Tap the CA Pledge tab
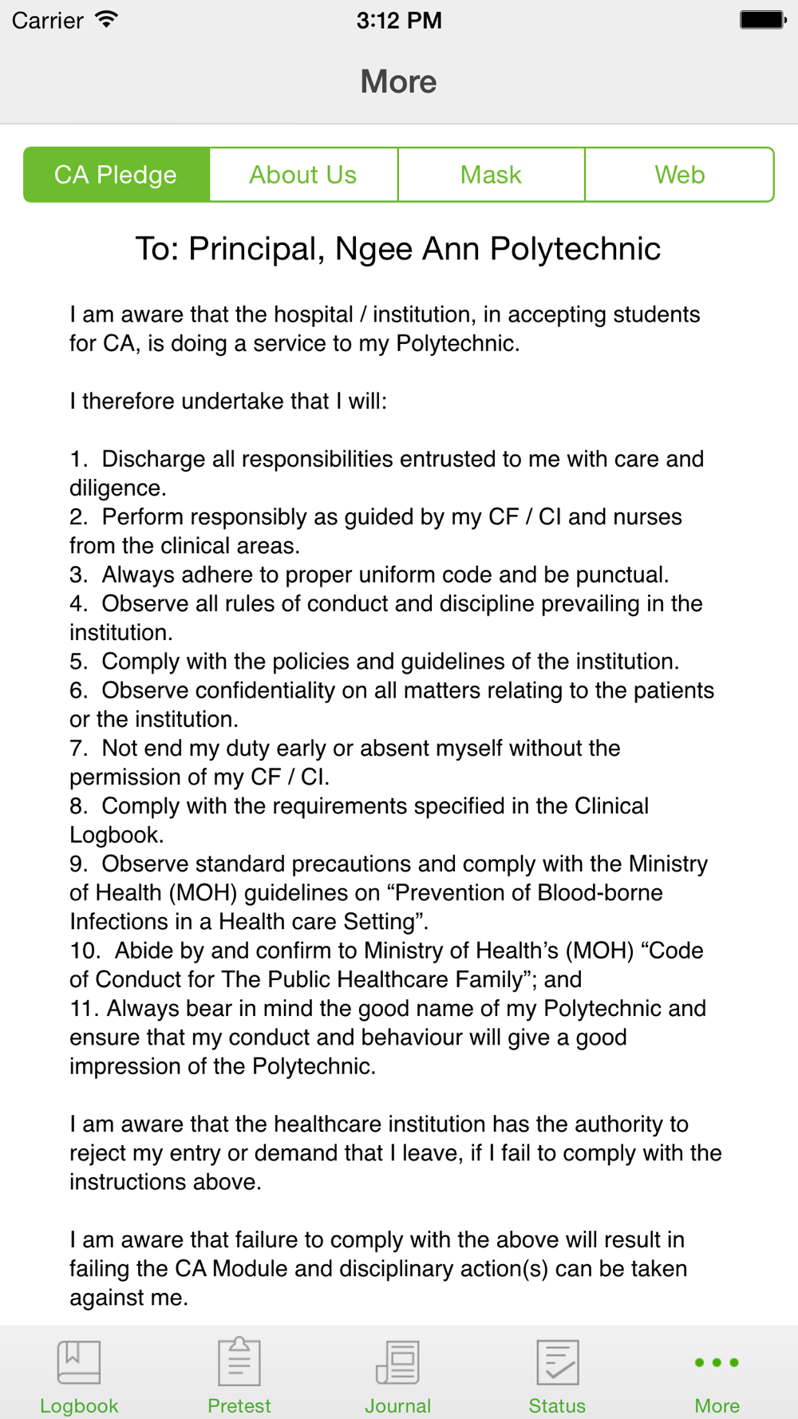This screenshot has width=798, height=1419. click(x=117, y=175)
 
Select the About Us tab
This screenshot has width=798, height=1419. click(x=303, y=175)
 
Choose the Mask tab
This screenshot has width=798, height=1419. click(x=491, y=175)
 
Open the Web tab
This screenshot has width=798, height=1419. click(x=679, y=175)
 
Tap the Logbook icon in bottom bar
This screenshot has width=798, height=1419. click(x=79, y=1362)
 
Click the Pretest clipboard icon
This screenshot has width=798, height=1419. click(x=239, y=1362)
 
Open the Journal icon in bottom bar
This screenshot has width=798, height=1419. click(x=397, y=1362)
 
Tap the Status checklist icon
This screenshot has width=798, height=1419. click(x=557, y=1362)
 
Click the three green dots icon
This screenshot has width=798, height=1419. click(x=717, y=1362)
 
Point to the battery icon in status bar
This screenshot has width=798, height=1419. click(x=762, y=20)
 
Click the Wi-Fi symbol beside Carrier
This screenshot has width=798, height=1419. click(x=106, y=20)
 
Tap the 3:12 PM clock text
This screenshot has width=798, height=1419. click(x=399, y=20)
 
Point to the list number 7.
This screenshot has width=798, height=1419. click(x=77, y=749)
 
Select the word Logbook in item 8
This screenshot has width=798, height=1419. click(x=114, y=836)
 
